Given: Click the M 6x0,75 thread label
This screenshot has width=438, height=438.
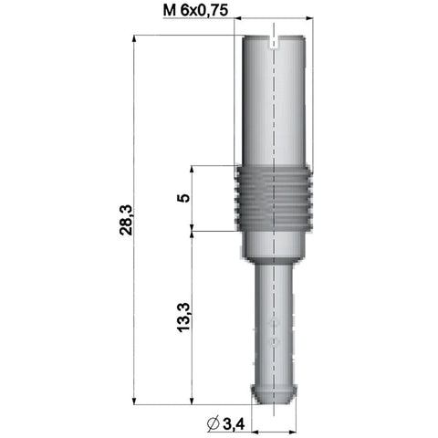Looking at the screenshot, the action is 195,11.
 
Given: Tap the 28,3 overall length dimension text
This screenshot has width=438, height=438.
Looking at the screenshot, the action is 126,220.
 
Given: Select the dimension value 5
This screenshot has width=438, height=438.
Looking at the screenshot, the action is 183,198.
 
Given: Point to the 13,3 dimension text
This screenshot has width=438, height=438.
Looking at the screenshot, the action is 183,318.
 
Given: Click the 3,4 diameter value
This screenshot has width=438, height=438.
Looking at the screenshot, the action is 234,424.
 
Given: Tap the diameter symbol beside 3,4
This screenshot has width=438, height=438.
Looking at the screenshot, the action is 214,424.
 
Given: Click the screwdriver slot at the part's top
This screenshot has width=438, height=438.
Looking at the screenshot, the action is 274,42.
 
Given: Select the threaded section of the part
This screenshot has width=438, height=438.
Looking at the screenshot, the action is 274,198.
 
